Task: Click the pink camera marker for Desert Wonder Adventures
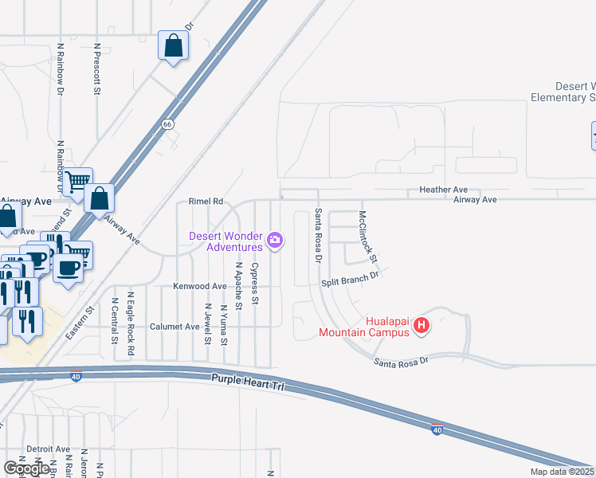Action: pos(275,240)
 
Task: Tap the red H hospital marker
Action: pos(422,326)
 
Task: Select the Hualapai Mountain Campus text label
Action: pos(365,327)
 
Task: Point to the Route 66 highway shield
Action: pos(167,124)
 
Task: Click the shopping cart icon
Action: pos(77,182)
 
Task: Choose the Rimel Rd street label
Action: pos(206,202)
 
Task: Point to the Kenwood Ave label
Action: pos(200,286)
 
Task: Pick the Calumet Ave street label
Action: pos(174,327)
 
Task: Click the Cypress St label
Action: pos(255,284)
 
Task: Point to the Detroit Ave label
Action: pos(48,449)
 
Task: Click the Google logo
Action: pos(26,469)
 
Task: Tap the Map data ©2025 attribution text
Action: pos(562,472)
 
